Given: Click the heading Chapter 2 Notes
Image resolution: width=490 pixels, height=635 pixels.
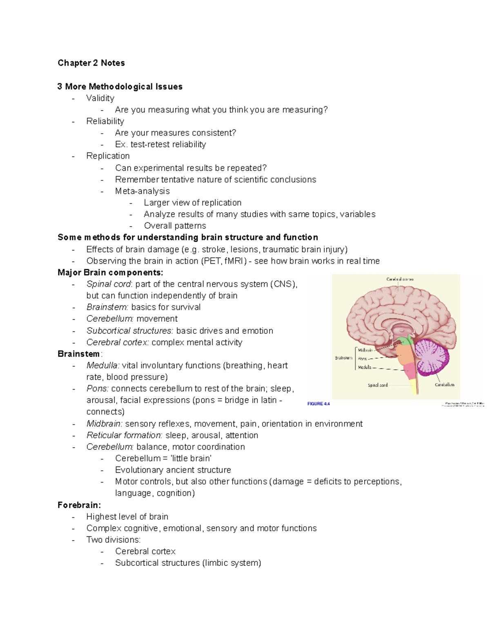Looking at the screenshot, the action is coord(91,63).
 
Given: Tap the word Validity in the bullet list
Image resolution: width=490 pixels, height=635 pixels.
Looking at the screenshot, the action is coord(100,98).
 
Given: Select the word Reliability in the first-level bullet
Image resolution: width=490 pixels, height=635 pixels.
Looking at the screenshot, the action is coord(105,121).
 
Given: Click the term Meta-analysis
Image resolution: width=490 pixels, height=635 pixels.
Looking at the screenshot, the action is coord(142,191).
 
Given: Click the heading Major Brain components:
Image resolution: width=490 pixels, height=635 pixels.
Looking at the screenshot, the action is coord(110,272).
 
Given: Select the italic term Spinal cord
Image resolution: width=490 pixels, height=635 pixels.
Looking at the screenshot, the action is coord(109,284).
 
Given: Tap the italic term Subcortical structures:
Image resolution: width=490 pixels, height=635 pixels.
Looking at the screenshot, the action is coord(130,330).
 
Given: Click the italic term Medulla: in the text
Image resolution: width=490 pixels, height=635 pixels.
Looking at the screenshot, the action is coord(103,365).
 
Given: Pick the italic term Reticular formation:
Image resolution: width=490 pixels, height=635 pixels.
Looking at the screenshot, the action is coord(125,435).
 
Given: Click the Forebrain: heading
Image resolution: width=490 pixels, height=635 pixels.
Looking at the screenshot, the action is coord(79,505).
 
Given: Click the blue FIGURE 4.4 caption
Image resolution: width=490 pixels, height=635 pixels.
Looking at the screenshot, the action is coord(318,404).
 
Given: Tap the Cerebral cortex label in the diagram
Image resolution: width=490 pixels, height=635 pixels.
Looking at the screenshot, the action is coord(400,279).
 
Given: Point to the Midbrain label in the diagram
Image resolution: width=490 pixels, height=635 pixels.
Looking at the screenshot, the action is coord(365,350).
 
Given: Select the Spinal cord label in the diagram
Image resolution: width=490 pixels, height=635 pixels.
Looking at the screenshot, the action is coord(378,385).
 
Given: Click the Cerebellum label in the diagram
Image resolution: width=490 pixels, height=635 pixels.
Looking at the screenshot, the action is coord(444,385).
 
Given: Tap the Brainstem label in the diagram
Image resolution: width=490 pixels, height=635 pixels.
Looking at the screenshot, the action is coord(343,358).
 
